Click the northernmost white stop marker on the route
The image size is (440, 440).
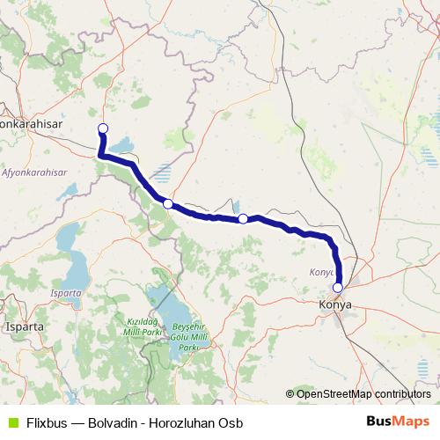[102, 129]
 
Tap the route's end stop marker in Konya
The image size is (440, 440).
[337, 287]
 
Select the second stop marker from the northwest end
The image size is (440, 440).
[167, 203]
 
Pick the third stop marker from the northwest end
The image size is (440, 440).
[243, 218]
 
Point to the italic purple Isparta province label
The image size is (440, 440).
[66, 292]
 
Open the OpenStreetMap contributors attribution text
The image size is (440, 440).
[363, 393]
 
